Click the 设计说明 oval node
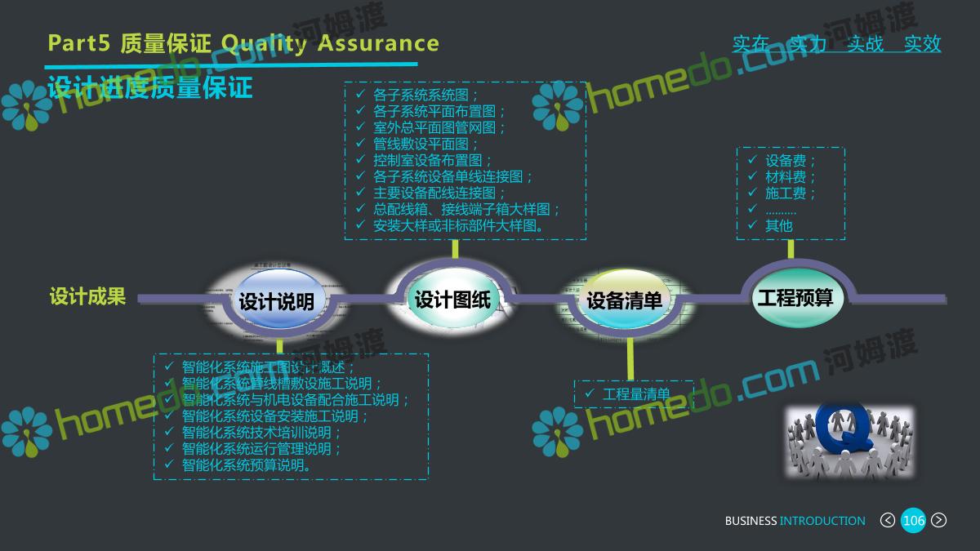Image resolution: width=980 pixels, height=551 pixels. (x=276, y=301)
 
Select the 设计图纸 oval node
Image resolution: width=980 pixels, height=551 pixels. (x=452, y=299)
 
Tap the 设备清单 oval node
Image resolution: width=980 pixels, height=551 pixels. (x=624, y=300)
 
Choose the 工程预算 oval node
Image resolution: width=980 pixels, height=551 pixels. (x=795, y=297)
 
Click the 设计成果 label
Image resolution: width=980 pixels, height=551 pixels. (x=87, y=296)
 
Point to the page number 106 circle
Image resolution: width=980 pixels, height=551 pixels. (x=913, y=521)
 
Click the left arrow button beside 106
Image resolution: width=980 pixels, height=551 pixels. (x=887, y=521)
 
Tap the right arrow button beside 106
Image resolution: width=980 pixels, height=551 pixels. (x=939, y=521)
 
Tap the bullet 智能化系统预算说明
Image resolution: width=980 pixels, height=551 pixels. (x=247, y=465)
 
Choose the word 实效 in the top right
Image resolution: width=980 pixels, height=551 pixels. (x=923, y=44)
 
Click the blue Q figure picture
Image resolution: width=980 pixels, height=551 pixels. (x=849, y=441)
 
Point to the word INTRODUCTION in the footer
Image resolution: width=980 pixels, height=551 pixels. (x=822, y=521)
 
